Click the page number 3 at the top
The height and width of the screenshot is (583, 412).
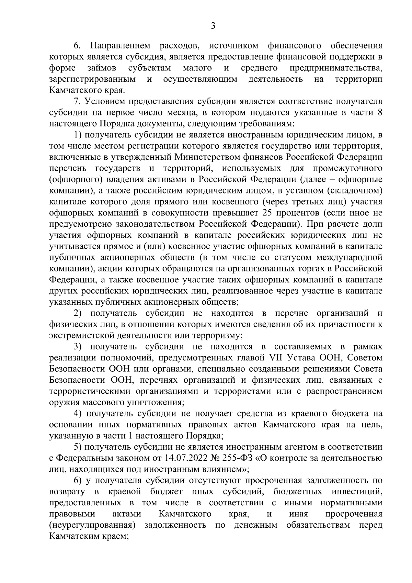coord(213,26)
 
